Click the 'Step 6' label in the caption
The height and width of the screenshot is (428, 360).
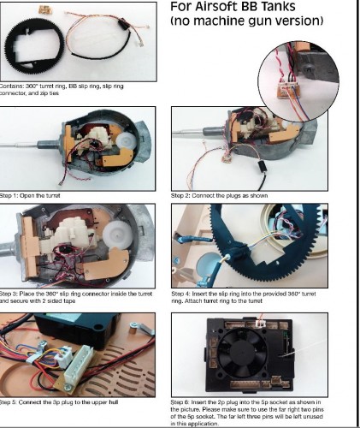point(183,401)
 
